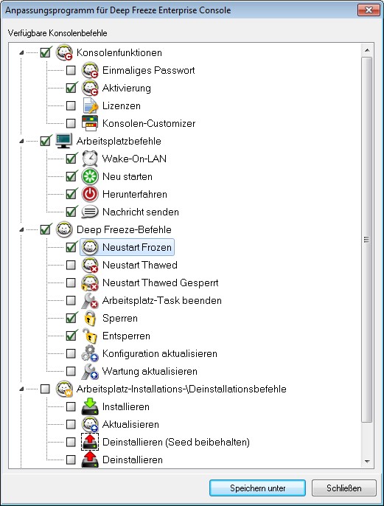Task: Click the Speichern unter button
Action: [257, 488]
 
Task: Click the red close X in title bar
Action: [369, 10]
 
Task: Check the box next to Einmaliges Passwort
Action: [71, 70]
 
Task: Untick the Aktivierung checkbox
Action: [71, 88]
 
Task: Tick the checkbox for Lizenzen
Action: [71, 105]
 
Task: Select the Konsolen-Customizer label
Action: [149, 123]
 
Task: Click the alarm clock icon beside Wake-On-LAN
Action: [90, 159]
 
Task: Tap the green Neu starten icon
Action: [90, 176]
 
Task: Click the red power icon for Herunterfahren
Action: [90, 194]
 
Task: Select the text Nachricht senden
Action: [141, 212]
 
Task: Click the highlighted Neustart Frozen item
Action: [127, 247]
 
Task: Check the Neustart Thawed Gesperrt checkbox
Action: [71, 283]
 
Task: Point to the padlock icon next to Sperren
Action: [90, 318]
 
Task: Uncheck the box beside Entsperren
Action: [71, 336]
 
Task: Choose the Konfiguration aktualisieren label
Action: [160, 353]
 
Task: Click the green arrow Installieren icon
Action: [90, 406]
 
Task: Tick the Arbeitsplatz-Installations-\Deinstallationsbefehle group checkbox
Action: [45, 389]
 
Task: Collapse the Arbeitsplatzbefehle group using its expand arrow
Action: [21, 141]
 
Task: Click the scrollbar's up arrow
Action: [367, 50]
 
